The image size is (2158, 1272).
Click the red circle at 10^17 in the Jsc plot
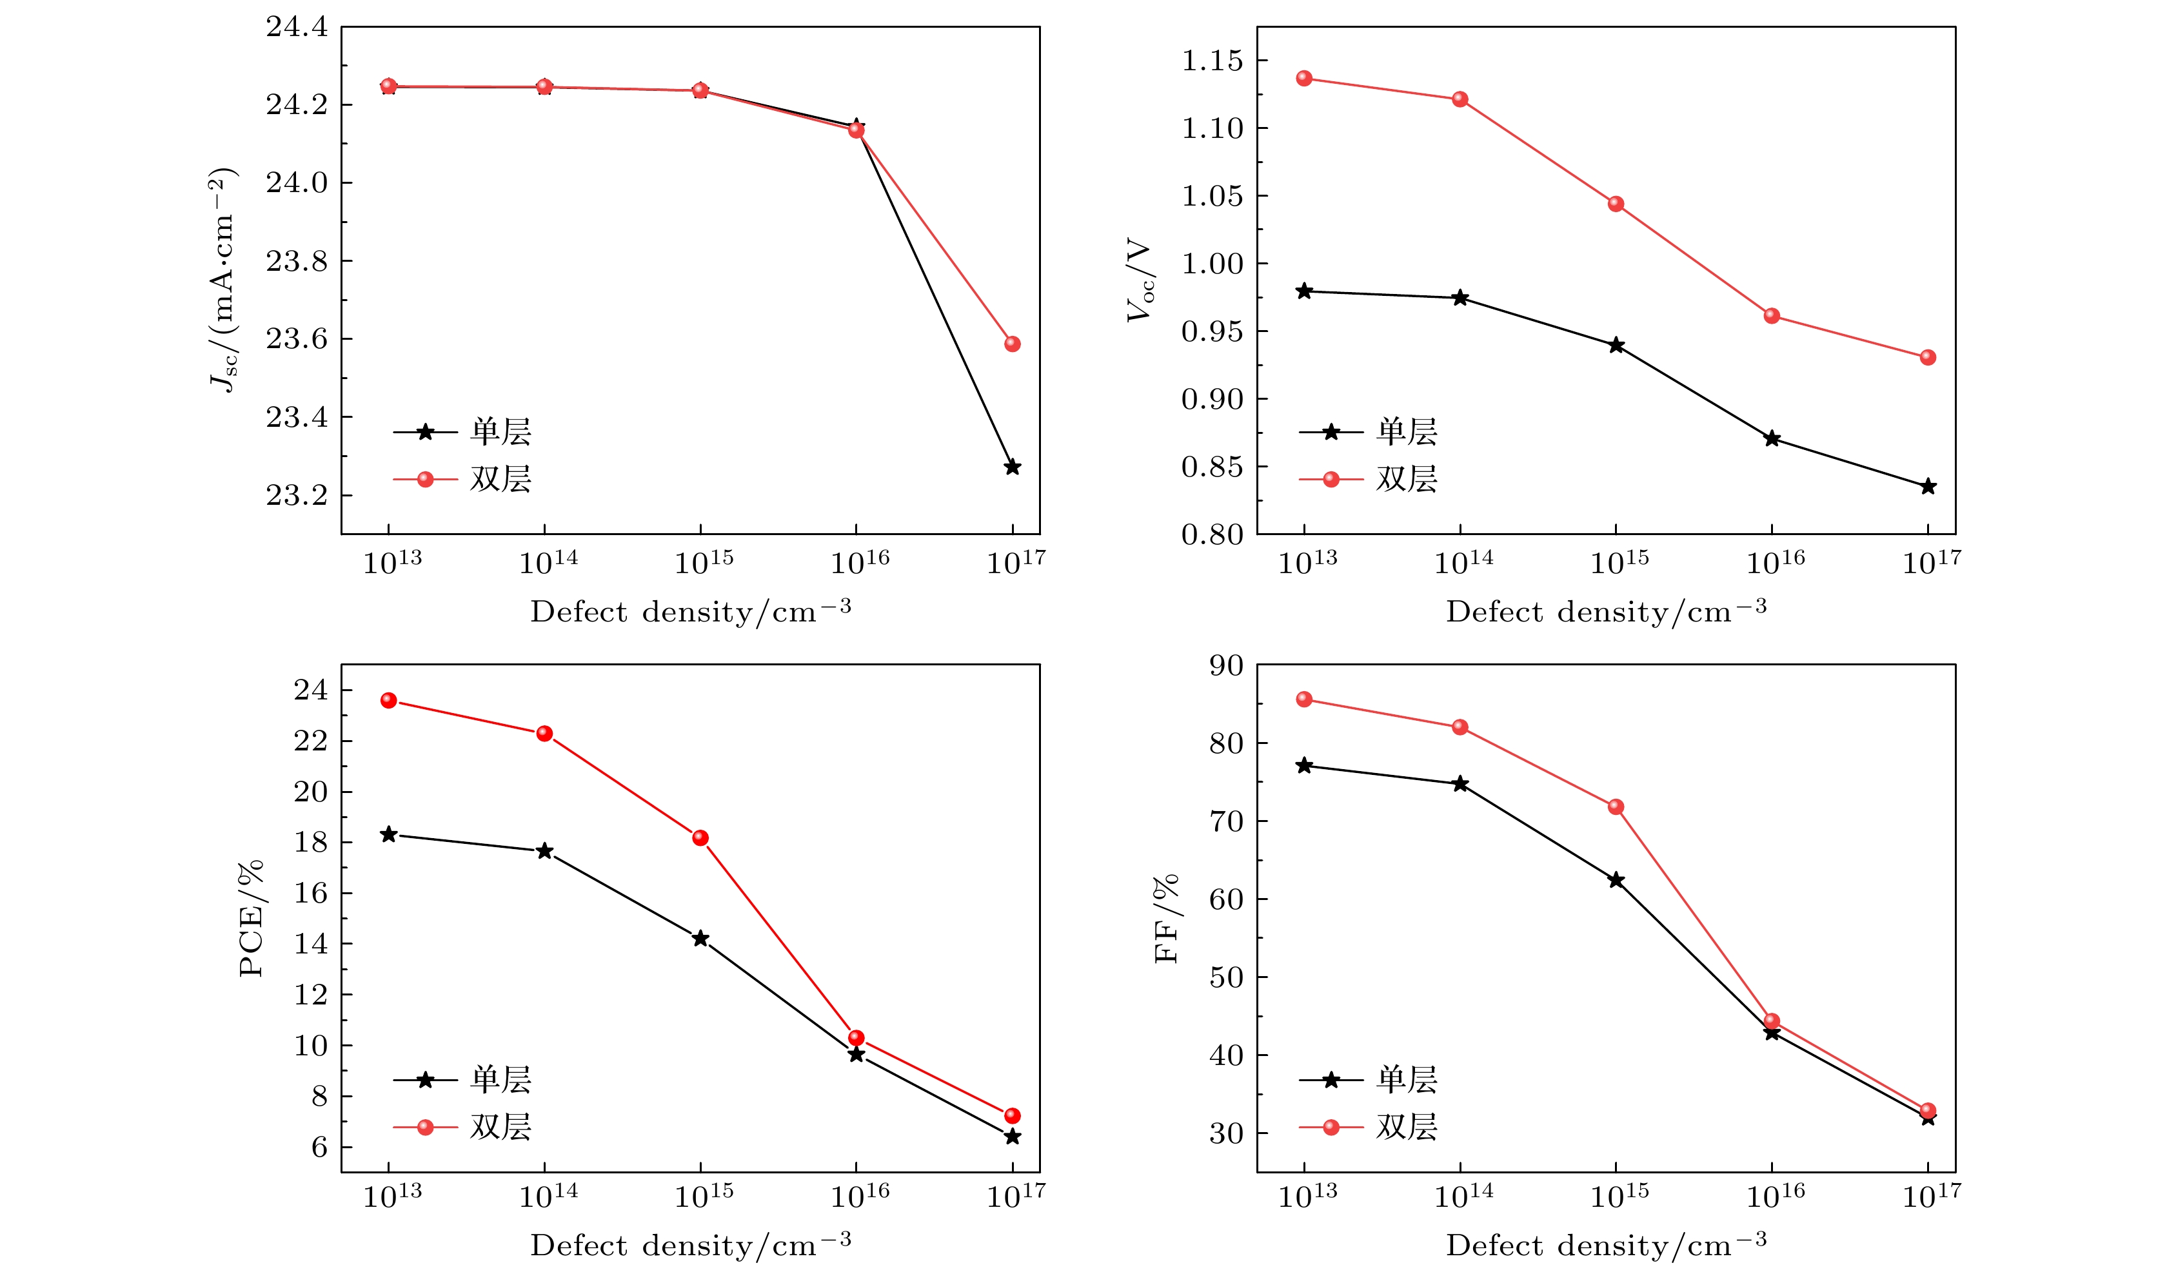point(1012,344)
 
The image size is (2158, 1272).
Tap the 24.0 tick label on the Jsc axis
point(297,182)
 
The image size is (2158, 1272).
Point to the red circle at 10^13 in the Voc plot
point(1304,79)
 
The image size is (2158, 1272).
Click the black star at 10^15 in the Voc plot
point(1616,346)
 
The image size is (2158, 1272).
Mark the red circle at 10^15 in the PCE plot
point(700,837)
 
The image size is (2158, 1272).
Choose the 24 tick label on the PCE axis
point(310,689)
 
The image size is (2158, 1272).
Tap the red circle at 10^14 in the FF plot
point(1460,727)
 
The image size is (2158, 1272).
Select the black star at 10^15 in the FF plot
point(1616,880)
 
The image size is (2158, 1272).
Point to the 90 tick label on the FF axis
point(1226,665)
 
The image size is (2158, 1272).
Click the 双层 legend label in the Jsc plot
point(500,479)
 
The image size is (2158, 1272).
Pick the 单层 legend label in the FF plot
point(1407,1079)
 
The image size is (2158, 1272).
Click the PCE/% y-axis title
point(252,917)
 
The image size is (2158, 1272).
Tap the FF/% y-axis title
point(1167,919)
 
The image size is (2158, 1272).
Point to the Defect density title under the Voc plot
point(1606,612)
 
